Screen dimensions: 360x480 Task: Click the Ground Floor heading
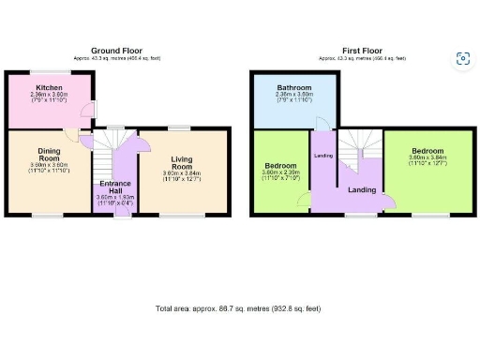pyautogui.click(x=117, y=50)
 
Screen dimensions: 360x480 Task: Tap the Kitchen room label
pyautogui.click(x=51, y=86)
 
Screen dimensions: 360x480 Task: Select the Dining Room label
pyautogui.click(x=49, y=154)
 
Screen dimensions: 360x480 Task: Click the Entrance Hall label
pyautogui.click(x=116, y=185)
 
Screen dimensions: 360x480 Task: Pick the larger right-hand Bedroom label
pyautogui.click(x=427, y=151)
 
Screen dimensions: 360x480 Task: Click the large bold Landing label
pyautogui.click(x=362, y=190)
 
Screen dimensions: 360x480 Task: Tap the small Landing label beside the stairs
pyautogui.click(x=323, y=155)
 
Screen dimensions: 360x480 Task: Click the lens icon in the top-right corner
pyautogui.click(x=462, y=59)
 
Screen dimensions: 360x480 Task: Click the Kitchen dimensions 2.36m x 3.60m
pyautogui.click(x=51, y=94)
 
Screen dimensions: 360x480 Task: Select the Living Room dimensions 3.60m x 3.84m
pyautogui.click(x=183, y=173)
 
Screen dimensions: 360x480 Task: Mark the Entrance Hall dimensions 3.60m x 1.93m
pyautogui.click(x=116, y=198)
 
